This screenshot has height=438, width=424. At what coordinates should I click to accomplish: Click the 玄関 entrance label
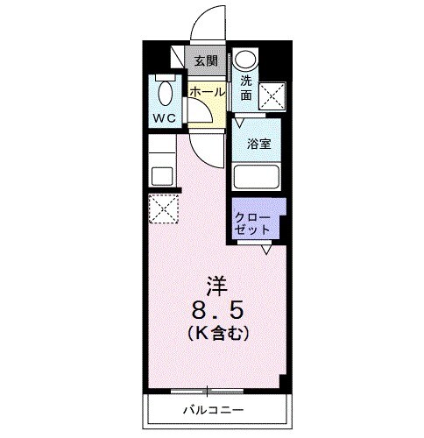206,60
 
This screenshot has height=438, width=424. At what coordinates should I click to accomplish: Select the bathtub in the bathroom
256,177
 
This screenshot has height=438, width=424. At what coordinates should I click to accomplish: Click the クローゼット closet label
254,221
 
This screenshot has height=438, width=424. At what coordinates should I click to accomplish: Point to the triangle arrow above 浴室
239,124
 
